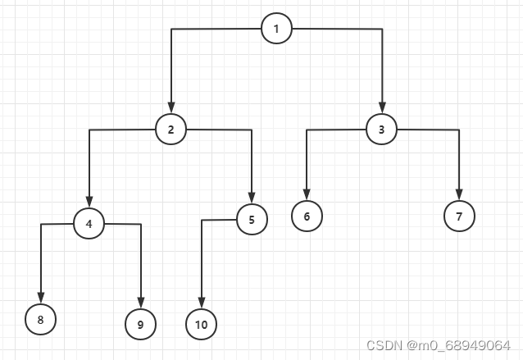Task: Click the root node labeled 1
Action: coord(276,30)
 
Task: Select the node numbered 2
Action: coord(171,129)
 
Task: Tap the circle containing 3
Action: coord(381,129)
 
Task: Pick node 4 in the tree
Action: coord(89,223)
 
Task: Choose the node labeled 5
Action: coord(252,219)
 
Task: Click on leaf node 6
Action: coord(307,216)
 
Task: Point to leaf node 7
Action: coord(459,216)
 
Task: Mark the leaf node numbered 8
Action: coord(40,319)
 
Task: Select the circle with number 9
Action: coord(140,324)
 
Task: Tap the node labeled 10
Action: coord(201,324)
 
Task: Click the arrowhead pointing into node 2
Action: coord(171,107)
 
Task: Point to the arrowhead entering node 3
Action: coord(382,107)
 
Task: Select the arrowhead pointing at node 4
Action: coord(89,202)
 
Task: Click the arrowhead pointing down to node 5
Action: coord(252,198)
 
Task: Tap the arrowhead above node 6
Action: coord(307,195)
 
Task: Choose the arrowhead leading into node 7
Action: coord(459,195)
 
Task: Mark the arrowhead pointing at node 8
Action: coord(40,298)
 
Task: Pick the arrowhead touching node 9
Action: coord(141,303)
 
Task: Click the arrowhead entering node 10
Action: coord(202,303)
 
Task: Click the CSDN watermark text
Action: coord(438,345)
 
